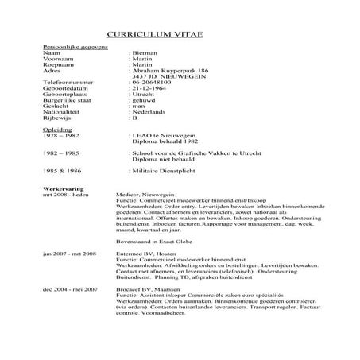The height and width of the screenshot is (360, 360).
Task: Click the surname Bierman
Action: (x=143, y=56)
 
